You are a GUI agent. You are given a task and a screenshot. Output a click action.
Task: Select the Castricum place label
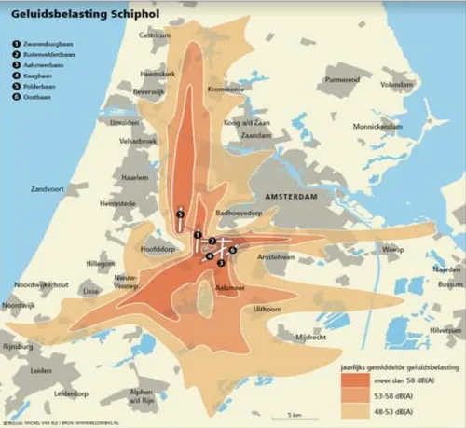point(157,35)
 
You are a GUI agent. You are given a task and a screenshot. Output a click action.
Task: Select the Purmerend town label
point(344,81)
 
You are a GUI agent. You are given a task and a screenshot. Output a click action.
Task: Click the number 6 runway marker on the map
point(233,251)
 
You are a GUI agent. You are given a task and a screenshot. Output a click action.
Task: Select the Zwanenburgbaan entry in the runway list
point(48,43)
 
